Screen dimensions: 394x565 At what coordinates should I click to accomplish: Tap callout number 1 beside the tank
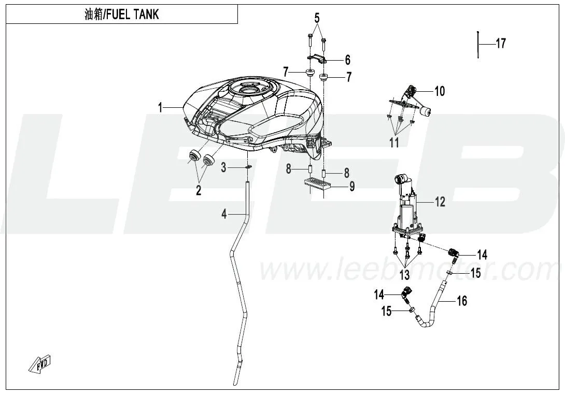pyautogui.click(x=161, y=107)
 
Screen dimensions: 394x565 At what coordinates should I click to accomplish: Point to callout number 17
pyautogui.click(x=501, y=44)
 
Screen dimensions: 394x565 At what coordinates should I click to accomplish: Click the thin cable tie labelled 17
pyautogui.click(x=477, y=45)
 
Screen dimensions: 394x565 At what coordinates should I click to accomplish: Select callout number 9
pyautogui.click(x=351, y=186)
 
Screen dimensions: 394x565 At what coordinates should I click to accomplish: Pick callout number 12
pyautogui.click(x=440, y=202)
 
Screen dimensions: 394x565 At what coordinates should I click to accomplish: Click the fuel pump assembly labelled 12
pyautogui.click(x=407, y=207)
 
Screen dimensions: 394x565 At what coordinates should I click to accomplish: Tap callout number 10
pyautogui.click(x=439, y=92)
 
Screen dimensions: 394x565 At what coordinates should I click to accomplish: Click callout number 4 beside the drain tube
pyautogui.click(x=224, y=214)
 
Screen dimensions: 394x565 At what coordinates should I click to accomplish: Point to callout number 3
pyautogui.click(x=223, y=167)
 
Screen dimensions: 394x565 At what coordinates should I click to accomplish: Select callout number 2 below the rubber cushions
pyautogui.click(x=198, y=191)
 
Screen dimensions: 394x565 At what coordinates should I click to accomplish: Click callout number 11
pyautogui.click(x=394, y=142)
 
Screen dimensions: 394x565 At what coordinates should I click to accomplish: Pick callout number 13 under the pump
pyautogui.click(x=404, y=273)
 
